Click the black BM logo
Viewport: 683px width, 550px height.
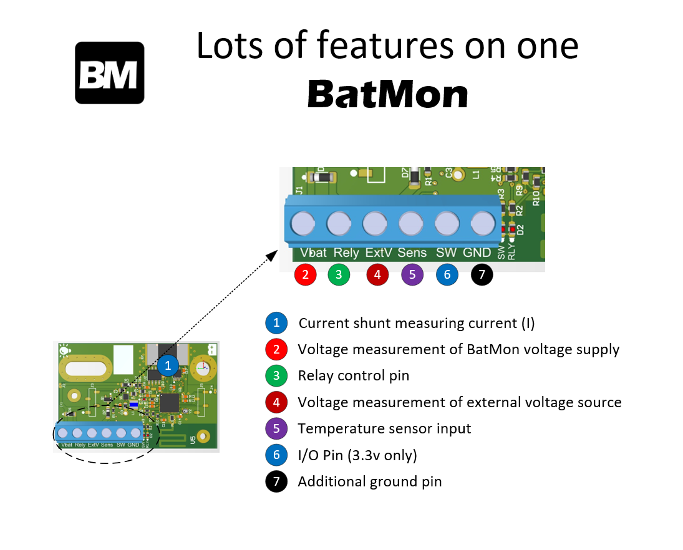(x=110, y=72)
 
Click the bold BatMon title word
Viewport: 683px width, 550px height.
(x=387, y=95)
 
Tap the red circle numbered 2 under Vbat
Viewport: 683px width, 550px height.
(x=305, y=274)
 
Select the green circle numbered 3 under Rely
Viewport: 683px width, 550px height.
(x=339, y=274)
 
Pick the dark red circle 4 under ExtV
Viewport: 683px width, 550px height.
(x=377, y=274)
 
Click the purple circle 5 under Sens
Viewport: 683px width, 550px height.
(x=412, y=274)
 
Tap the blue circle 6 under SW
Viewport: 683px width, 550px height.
(x=447, y=274)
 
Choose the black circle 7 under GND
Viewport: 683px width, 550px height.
(x=482, y=274)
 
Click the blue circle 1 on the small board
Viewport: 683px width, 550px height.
(x=167, y=365)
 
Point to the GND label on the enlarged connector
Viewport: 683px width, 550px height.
(x=477, y=253)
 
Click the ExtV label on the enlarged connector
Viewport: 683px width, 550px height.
(x=379, y=253)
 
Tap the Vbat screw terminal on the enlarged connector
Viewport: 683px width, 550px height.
(x=303, y=223)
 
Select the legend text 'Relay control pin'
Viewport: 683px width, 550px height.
(x=353, y=375)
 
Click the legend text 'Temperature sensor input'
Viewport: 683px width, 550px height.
(x=384, y=428)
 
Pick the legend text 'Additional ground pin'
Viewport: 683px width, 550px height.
(x=370, y=481)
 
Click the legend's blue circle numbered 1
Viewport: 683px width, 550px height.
(x=276, y=323)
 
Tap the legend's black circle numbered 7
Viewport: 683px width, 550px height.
(x=276, y=481)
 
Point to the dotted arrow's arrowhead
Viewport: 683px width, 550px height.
(x=272, y=255)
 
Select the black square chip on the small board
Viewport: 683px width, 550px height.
(x=170, y=402)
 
